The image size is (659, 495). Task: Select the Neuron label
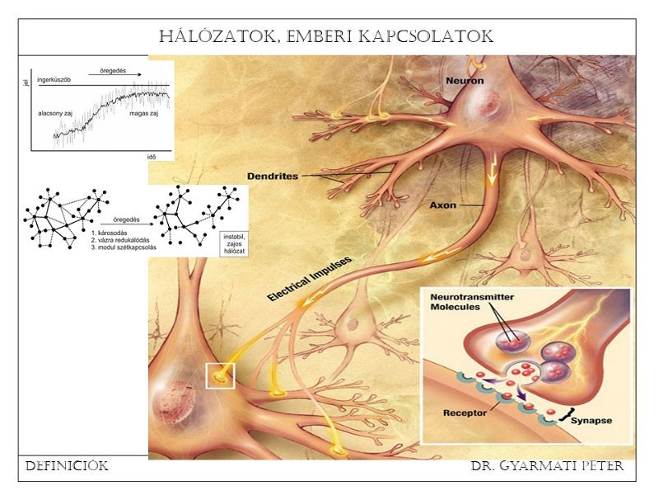pyautogui.click(x=465, y=81)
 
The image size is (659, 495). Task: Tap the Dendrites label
pyautogui.click(x=273, y=176)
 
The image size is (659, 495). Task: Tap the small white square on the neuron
pyautogui.click(x=220, y=375)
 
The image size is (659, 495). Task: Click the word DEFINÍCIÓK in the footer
pyautogui.click(x=66, y=466)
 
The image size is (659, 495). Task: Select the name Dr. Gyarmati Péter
pyautogui.click(x=547, y=466)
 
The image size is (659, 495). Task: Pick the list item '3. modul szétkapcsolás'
pyautogui.click(x=124, y=247)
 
